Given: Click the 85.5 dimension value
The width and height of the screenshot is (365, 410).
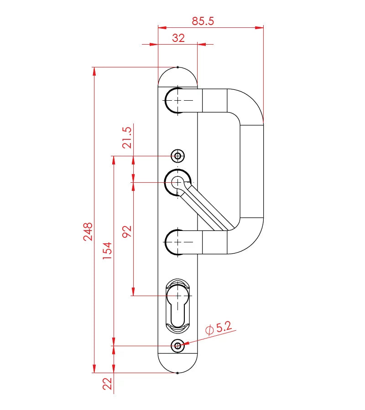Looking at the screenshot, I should [x=203, y=21].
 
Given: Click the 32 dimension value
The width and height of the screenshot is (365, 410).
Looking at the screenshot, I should [x=178, y=38].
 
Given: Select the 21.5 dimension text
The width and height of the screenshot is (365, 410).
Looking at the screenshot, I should [x=127, y=137].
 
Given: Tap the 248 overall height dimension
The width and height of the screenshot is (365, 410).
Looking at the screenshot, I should [x=88, y=231].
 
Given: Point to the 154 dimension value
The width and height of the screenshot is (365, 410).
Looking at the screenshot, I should [x=107, y=251].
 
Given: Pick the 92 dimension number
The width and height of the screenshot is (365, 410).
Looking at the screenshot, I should [x=127, y=231].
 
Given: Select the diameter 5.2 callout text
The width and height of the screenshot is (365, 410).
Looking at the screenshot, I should [x=219, y=328].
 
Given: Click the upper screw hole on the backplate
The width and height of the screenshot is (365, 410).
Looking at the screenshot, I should [x=177, y=156].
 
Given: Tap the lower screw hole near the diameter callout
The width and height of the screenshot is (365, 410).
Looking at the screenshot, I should [x=177, y=346].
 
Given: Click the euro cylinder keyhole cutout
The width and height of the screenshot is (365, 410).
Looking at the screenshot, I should [x=177, y=306].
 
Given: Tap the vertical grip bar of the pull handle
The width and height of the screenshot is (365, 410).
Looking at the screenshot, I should [x=251, y=171].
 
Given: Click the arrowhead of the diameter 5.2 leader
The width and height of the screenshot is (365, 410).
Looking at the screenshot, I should [x=184, y=344].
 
